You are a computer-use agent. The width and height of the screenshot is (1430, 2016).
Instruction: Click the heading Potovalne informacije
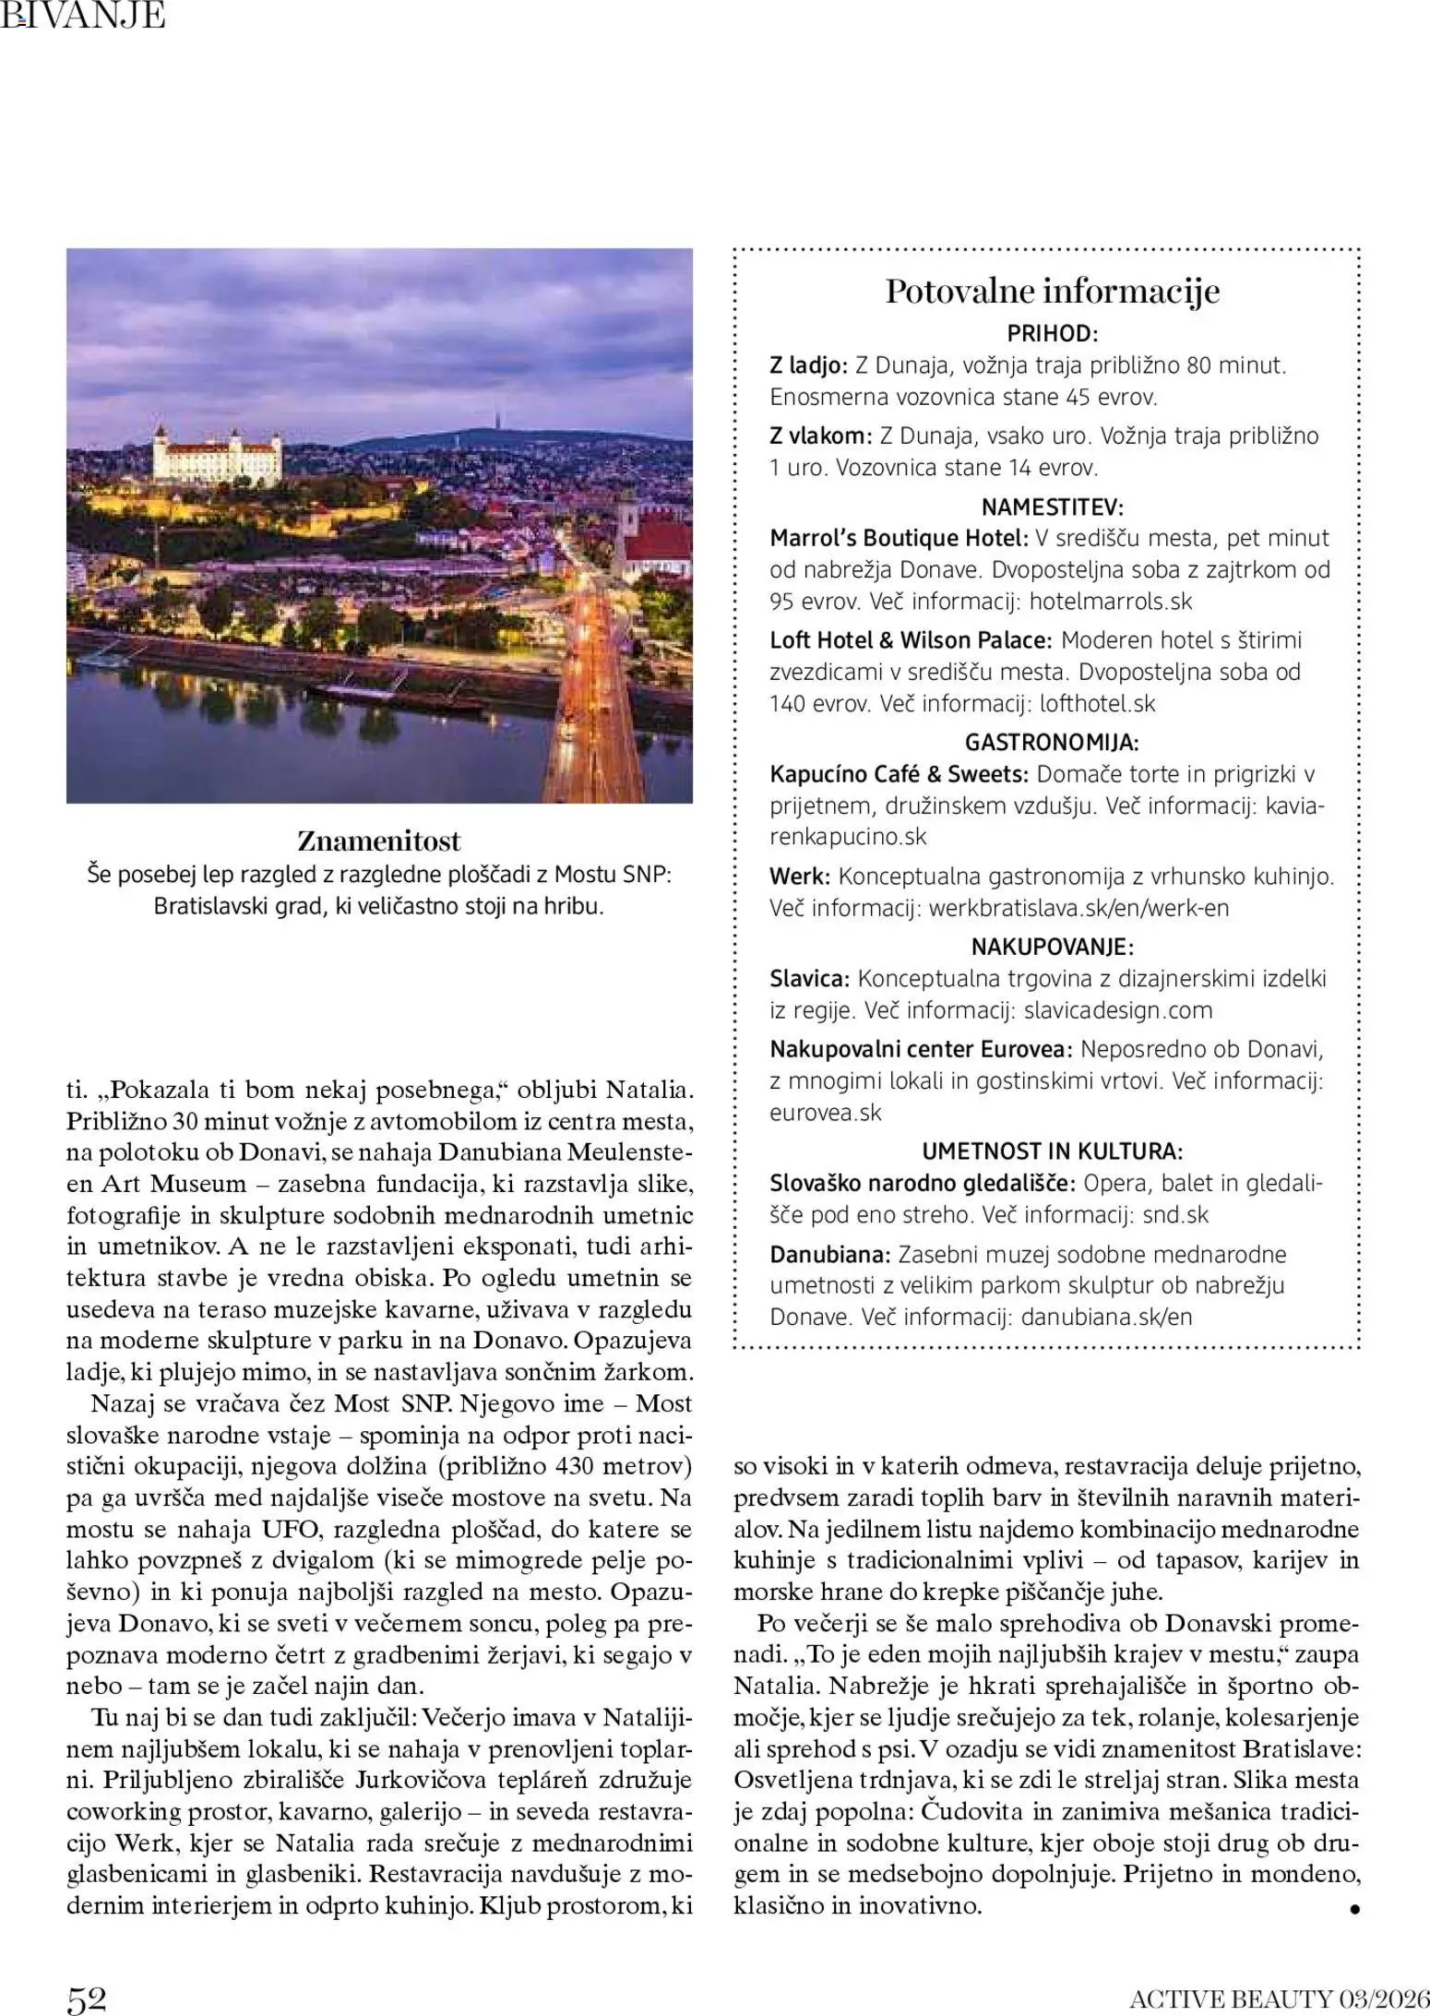1052,292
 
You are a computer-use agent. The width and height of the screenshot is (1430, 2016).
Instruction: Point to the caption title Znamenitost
378,841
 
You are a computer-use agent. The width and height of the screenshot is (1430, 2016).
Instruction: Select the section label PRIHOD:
1052,334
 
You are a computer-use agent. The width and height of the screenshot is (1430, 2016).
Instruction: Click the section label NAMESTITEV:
1052,507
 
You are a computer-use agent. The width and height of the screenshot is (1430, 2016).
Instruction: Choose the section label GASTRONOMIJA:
1052,743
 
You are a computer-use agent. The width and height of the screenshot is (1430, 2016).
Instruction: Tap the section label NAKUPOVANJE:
1052,947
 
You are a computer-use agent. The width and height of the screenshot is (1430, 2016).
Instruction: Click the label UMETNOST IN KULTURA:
1052,1151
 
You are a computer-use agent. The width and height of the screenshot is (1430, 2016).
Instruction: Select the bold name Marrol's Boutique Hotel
899,538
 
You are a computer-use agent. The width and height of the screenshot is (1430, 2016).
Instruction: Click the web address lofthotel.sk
1097,704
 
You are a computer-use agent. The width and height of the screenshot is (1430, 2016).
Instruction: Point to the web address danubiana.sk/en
1106,1317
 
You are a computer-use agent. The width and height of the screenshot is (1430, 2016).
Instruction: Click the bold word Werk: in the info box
800,877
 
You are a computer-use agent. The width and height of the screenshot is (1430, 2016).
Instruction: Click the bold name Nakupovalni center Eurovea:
921,1049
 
